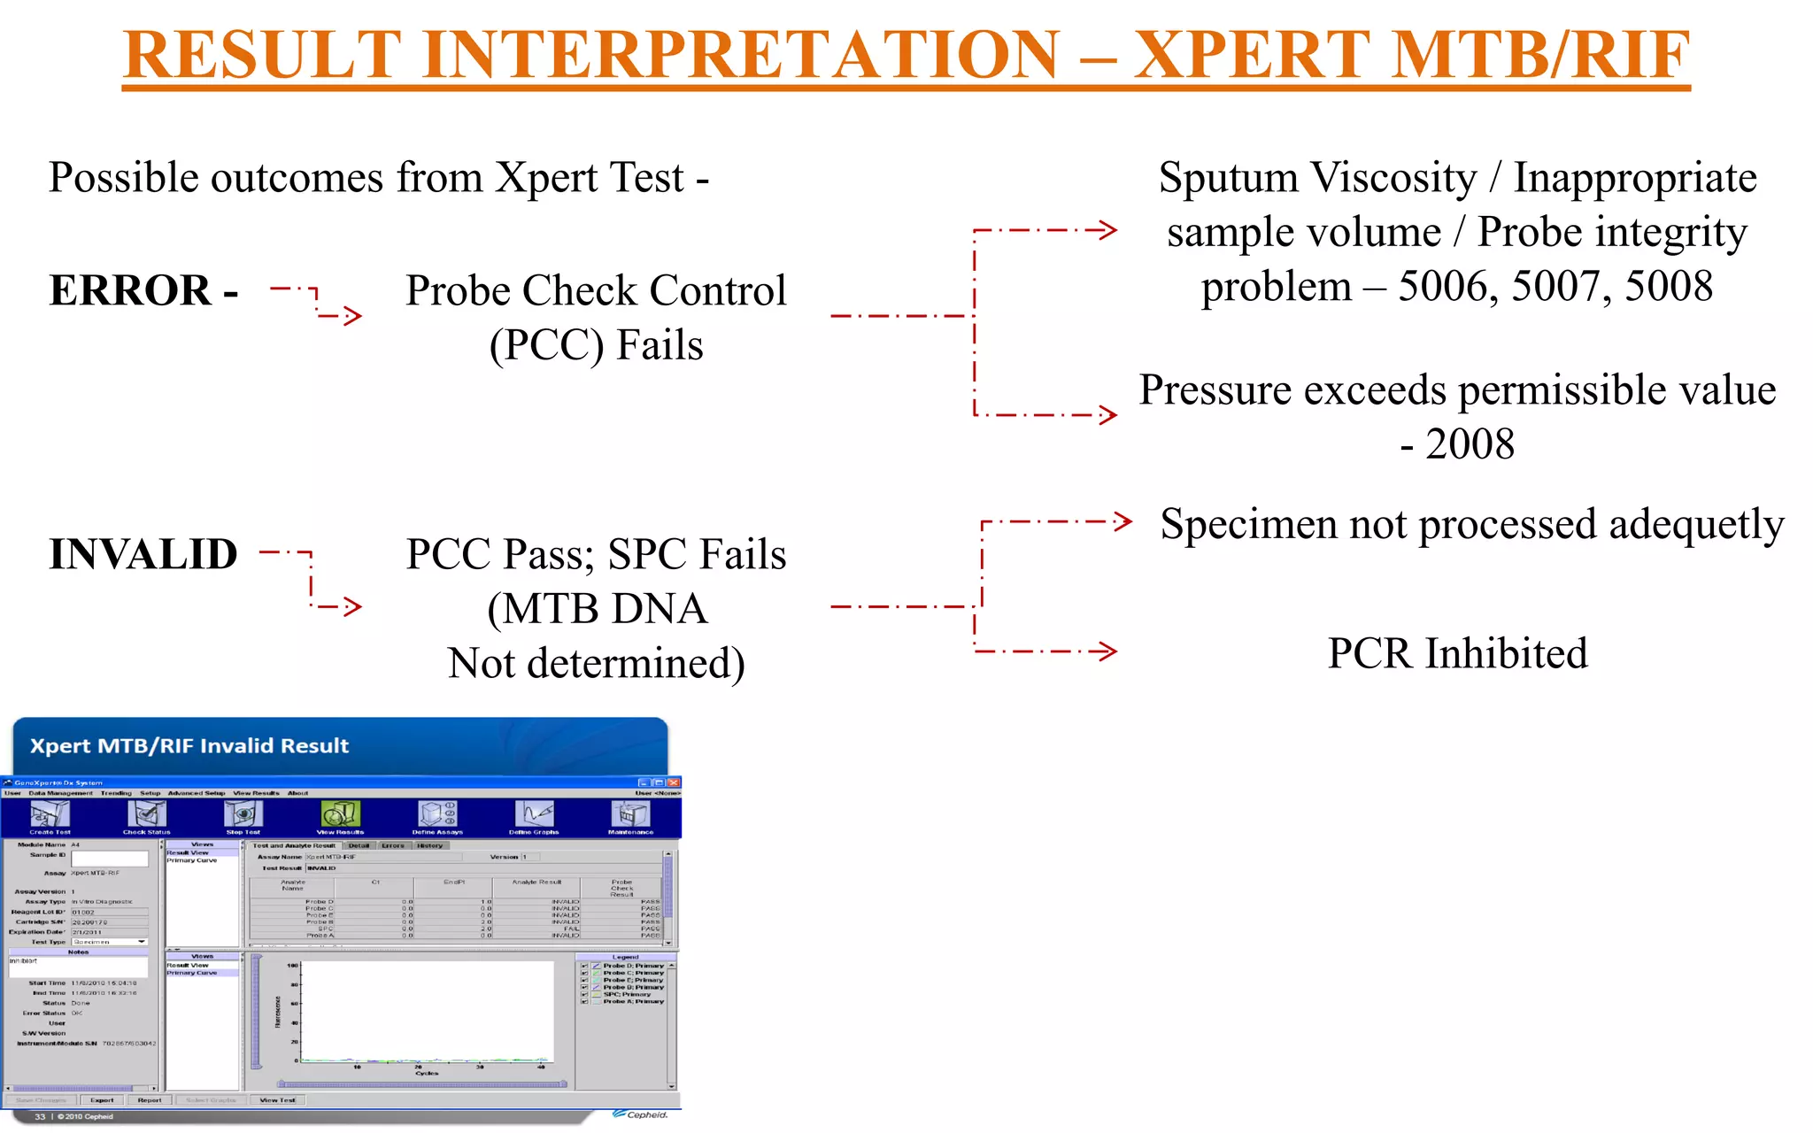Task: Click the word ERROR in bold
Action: (130, 290)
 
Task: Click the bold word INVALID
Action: (143, 554)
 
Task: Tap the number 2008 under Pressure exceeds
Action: (1470, 443)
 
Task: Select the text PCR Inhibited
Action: (1457, 653)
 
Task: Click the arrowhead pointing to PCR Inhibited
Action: (1105, 652)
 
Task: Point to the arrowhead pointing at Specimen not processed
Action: (1121, 521)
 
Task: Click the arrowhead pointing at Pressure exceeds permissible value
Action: (1107, 414)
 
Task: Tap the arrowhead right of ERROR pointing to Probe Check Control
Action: (352, 316)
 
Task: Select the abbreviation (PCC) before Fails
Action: (547, 345)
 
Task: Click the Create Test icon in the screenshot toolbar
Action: (50, 815)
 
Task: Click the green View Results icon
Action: (340, 815)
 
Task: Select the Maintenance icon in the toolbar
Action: (630, 815)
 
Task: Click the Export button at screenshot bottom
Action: (102, 1100)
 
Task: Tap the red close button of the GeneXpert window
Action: (674, 782)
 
